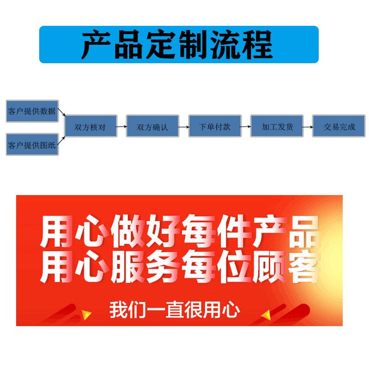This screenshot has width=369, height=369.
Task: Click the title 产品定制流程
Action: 179,44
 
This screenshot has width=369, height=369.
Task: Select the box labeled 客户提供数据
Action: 32,111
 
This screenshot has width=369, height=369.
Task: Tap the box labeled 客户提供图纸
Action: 32,145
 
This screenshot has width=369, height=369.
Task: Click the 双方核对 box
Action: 91,126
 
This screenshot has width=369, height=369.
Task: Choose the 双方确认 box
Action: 153,126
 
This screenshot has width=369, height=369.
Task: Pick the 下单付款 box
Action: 214,126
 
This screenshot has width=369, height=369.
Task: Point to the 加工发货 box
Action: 277,126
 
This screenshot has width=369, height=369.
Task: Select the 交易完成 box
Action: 339,126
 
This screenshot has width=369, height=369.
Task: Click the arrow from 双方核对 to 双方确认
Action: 121,126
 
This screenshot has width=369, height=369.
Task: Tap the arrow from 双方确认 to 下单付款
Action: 183,126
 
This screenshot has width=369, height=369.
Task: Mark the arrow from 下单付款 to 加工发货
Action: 245,126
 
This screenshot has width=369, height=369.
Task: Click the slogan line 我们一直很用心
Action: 174,309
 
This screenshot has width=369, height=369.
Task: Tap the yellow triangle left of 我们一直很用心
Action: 86,315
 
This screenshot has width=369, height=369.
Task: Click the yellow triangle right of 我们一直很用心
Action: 266,315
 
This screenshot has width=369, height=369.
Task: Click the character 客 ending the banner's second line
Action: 303,269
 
